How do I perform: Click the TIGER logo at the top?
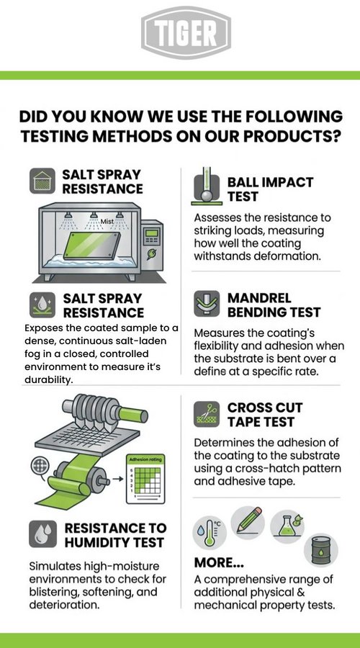tap(186, 33)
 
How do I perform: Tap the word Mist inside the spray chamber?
tap(107, 222)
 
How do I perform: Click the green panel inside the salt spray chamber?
tap(91, 245)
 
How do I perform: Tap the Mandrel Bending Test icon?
tap(207, 304)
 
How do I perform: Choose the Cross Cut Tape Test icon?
tap(207, 415)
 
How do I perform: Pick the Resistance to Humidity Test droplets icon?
tap(42, 534)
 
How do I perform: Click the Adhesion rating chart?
tap(145, 479)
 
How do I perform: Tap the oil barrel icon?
tap(321, 550)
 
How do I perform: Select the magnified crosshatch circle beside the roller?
tap(40, 466)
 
